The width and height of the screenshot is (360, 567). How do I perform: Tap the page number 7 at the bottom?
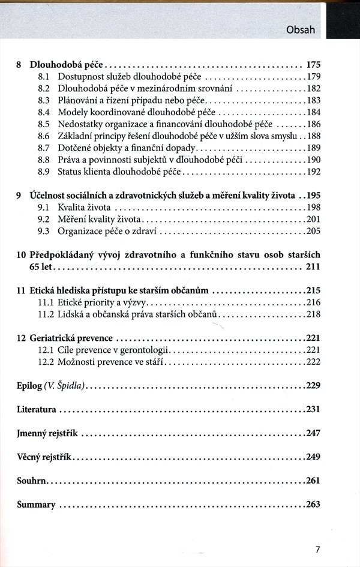(x=318, y=548)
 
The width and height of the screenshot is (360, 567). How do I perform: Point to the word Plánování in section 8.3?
(x=78, y=100)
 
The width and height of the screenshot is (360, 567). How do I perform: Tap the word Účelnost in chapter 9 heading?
(x=47, y=196)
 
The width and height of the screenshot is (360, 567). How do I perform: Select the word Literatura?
(x=37, y=410)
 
